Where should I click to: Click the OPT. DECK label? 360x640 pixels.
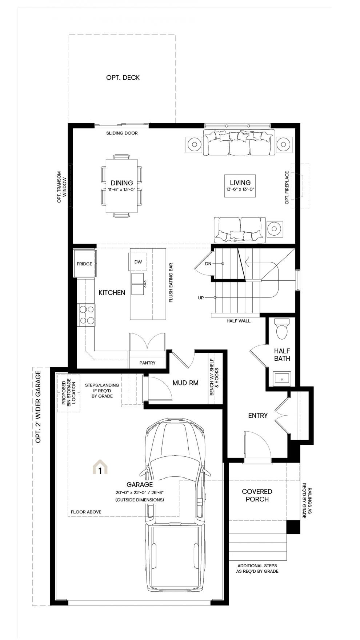click(123, 77)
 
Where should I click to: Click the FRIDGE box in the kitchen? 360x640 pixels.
click(84, 263)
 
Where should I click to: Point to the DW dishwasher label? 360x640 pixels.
click(138, 262)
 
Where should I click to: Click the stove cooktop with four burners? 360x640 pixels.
click(87, 315)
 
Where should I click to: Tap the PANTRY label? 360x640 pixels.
click(147, 363)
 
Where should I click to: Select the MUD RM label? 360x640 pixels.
click(185, 383)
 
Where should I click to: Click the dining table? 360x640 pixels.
click(122, 186)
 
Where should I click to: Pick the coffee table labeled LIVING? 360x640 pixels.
click(240, 185)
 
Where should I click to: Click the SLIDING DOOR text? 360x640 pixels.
click(122, 133)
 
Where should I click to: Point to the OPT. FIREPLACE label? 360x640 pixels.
click(287, 188)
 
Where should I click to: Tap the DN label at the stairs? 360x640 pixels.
click(208, 264)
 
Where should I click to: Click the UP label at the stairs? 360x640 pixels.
click(201, 298)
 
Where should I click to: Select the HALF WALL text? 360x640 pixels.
click(239, 321)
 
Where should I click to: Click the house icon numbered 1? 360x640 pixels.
click(100, 468)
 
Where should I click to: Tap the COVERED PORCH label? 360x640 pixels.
click(257, 495)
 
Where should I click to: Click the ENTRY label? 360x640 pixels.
click(258, 415)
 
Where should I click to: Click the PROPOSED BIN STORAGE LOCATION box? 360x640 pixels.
click(69, 393)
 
